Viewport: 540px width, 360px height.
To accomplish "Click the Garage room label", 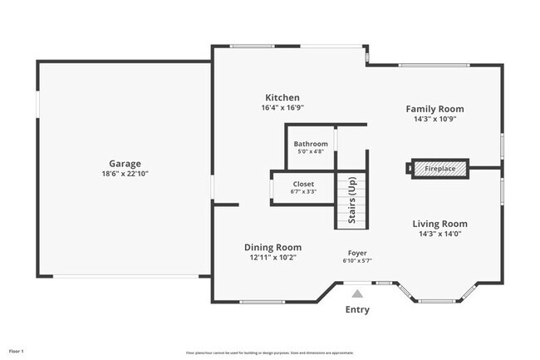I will (125, 164).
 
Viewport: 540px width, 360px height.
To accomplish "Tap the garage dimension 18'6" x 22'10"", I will (125, 174).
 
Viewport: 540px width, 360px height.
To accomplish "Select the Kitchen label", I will (282, 97).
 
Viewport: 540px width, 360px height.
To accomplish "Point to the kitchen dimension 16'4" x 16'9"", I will (282, 108).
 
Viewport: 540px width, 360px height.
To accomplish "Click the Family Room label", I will (434, 109).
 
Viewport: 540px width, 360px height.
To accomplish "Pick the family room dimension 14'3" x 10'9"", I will (434, 119).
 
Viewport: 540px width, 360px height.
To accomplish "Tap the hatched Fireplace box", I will (439, 169).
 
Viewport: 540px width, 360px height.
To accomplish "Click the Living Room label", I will (440, 224).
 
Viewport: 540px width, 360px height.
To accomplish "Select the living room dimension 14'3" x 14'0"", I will (440, 234).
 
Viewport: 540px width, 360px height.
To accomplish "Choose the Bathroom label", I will (311, 144).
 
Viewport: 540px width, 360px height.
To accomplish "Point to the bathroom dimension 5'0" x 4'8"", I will (311, 152).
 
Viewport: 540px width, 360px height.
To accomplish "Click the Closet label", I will (303, 184).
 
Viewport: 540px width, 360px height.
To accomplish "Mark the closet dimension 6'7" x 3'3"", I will (303, 192).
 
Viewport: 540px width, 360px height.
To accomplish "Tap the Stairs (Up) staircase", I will (351, 200).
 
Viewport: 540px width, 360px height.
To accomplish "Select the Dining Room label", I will (272, 247).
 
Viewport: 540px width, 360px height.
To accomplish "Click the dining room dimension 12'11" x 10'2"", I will (272, 258).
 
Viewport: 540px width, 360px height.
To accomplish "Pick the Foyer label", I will (357, 252).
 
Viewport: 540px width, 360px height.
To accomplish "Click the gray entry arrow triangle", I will (357, 293).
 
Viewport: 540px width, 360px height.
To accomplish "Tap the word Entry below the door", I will (357, 310).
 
